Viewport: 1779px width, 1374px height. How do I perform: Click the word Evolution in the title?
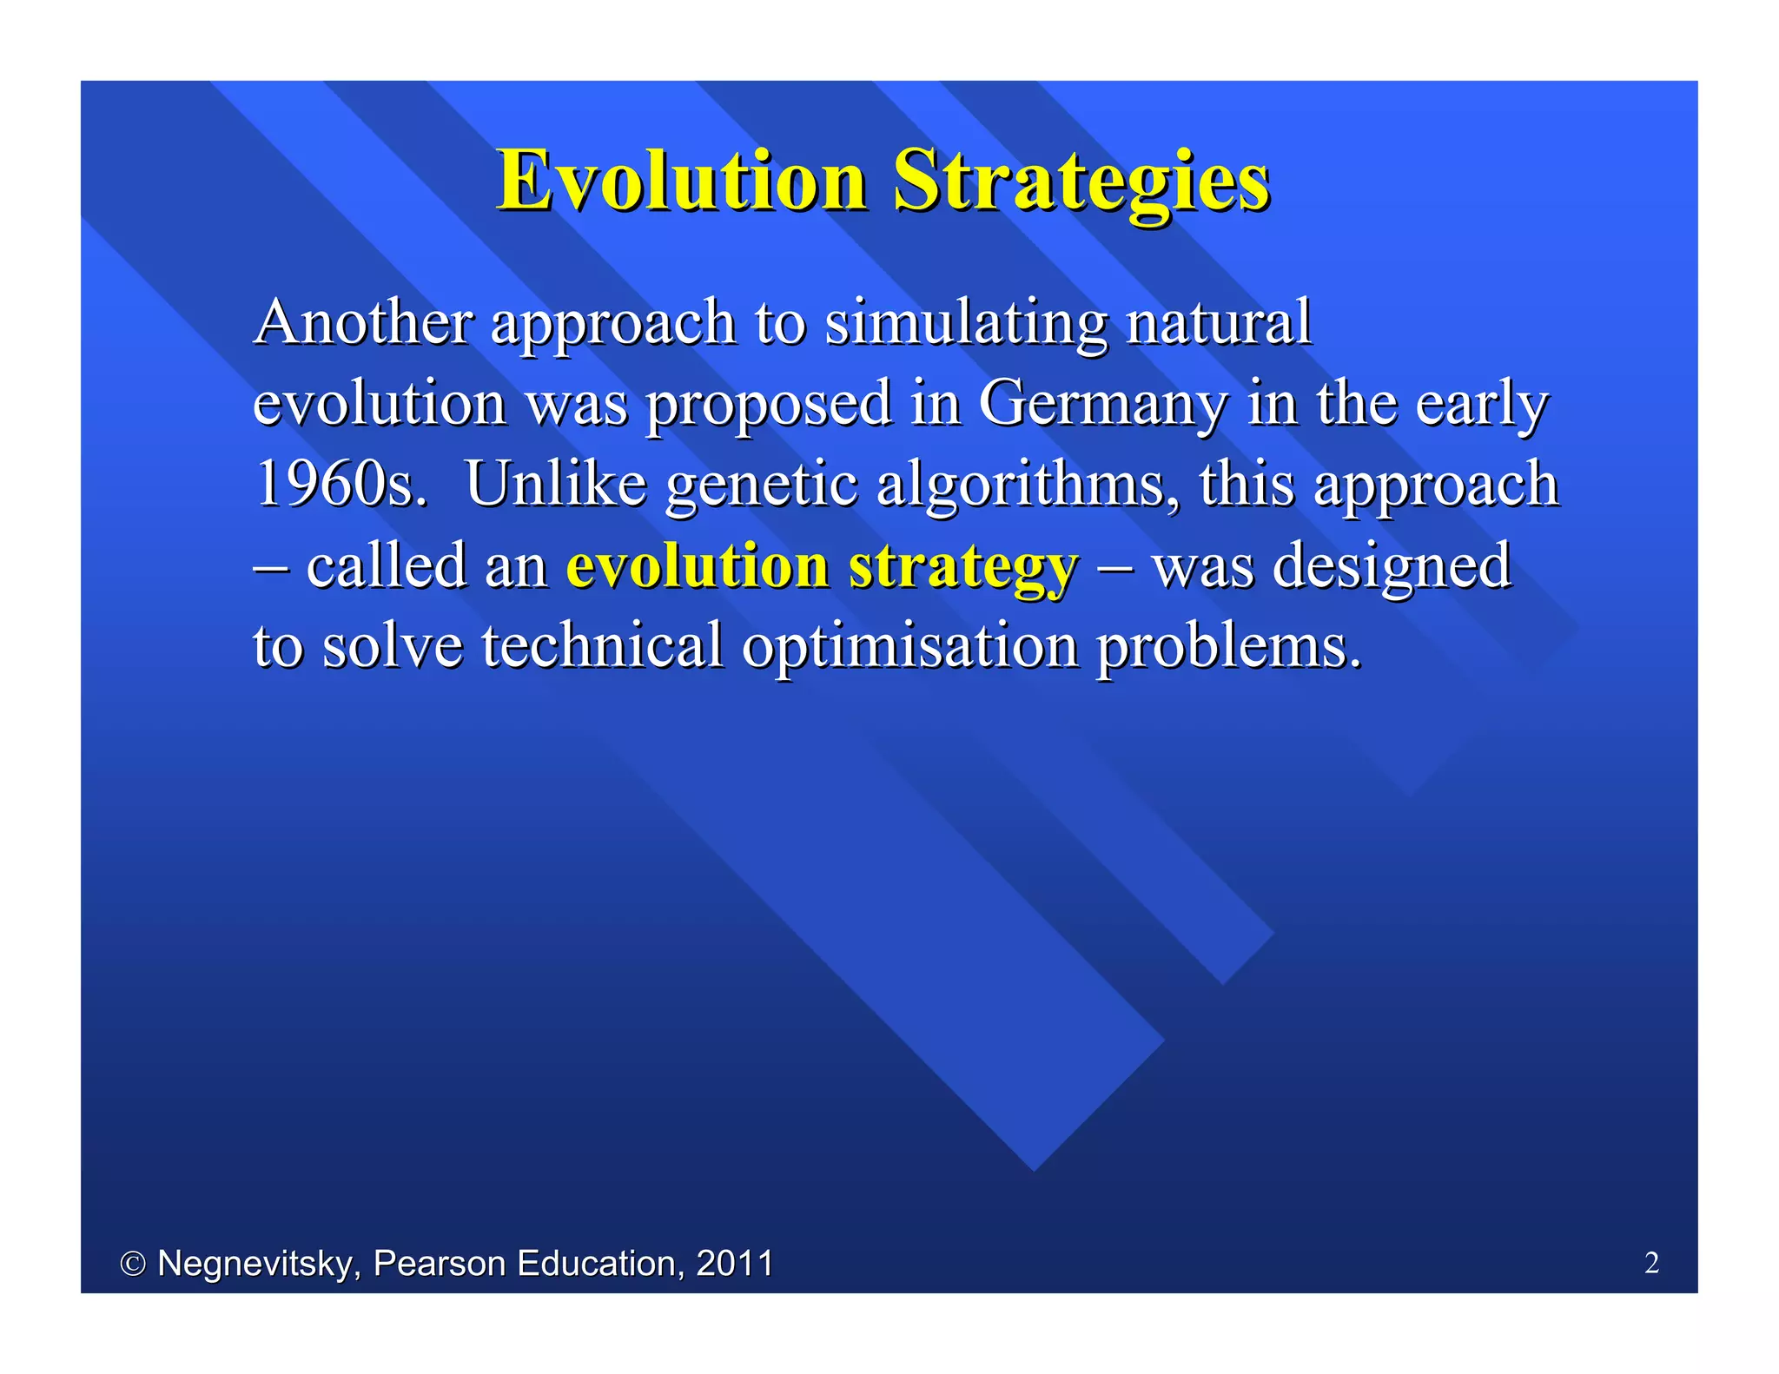coord(682,180)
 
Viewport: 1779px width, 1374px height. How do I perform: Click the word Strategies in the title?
coord(1081,180)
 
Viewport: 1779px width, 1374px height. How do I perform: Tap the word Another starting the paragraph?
coord(363,321)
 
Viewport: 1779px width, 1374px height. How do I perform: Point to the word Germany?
coord(1103,404)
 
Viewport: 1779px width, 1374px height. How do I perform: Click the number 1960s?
coord(341,484)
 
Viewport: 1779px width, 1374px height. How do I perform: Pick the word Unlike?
coord(556,484)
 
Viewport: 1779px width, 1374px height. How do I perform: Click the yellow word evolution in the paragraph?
coord(698,565)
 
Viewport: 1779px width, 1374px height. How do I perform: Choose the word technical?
coord(602,646)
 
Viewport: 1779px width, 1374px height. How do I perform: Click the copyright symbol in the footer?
coord(132,1265)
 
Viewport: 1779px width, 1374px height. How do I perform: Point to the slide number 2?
coord(1651,1263)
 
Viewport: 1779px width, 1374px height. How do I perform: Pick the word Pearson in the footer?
coord(439,1263)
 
